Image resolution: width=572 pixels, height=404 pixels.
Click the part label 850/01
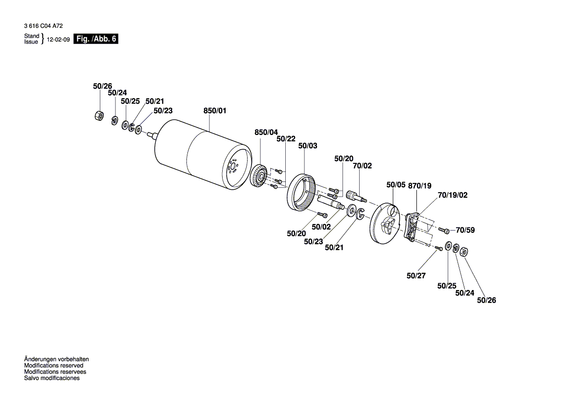(x=215, y=111)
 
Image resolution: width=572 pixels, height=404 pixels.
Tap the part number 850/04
(x=266, y=132)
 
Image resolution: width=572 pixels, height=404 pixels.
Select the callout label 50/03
(x=307, y=146)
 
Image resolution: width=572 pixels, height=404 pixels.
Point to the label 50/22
(x=286, y=139)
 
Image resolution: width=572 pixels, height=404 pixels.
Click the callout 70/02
(x=363, y=166)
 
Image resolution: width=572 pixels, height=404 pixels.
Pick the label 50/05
(x=396, y=185)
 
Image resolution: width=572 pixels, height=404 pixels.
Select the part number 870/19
(x=420, y=185)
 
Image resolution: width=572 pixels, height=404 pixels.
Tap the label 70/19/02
(x=453, y=195)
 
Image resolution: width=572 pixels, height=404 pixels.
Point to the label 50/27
(x=416, y=276)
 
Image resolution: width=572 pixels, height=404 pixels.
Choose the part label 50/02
(x=321, y=226)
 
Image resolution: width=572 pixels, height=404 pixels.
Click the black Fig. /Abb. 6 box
(x=95, y=39)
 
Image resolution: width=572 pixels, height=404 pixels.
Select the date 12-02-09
(x=58, y=40)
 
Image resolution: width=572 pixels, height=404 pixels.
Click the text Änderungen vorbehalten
(x=56, y=359)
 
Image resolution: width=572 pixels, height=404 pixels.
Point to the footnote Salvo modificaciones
(x=52, y=378)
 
